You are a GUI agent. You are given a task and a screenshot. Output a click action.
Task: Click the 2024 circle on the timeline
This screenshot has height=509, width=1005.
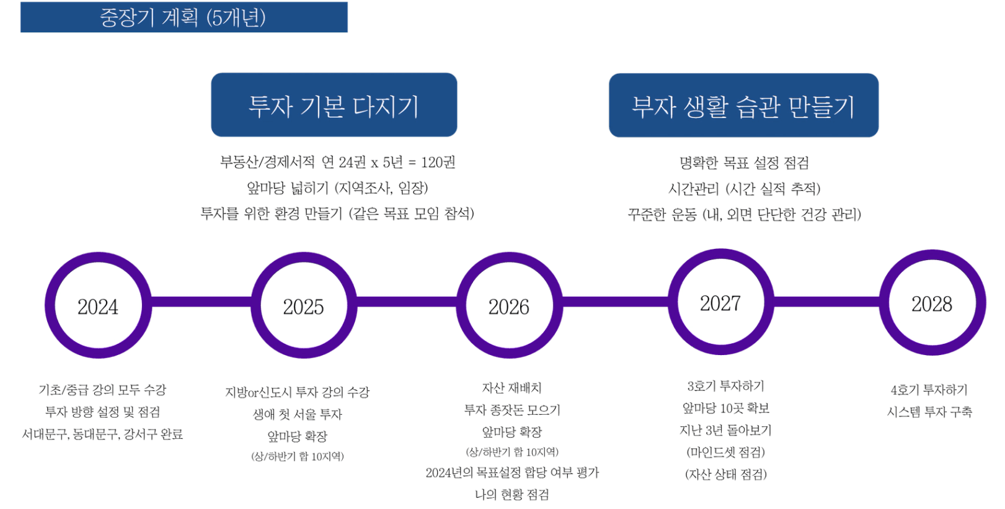click(97, 306)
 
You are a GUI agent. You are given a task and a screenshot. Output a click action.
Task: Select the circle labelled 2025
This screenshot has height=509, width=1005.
click(303, 306)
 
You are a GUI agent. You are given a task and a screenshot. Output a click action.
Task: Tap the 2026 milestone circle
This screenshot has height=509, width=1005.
click(509, 306)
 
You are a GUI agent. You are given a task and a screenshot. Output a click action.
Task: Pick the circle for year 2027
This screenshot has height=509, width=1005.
click(720, 303)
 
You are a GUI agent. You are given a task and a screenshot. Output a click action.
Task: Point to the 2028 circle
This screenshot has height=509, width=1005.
click(932, 304)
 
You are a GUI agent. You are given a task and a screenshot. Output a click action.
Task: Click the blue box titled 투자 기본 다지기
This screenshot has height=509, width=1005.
click(334, 105)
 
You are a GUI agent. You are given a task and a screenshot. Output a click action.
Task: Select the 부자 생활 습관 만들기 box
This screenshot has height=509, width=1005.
click(743, 106)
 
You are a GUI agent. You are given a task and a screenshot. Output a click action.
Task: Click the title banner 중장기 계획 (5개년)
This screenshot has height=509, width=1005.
click(184, 17)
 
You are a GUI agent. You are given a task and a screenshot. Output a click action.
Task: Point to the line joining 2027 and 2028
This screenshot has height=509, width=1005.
click(826, 301)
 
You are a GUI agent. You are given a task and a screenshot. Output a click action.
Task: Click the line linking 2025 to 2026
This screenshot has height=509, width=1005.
click(406, 302)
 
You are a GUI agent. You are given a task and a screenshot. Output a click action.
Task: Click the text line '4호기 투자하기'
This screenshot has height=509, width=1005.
click(929, 390)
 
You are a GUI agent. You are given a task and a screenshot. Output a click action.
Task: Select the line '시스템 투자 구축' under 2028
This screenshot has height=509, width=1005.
click(929, 412)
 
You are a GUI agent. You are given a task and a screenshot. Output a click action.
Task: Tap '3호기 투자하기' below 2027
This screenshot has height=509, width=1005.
click(726, 386)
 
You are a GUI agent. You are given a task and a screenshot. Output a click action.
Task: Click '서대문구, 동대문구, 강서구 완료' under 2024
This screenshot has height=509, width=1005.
click(102, 434)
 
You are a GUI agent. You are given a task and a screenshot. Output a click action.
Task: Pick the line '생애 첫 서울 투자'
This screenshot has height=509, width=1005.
click(297, 413)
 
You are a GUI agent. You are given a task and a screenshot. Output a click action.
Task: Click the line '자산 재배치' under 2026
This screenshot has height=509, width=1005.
click(511, 387)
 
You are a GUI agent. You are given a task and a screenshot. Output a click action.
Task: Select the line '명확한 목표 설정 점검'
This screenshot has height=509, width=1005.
click(744, 163)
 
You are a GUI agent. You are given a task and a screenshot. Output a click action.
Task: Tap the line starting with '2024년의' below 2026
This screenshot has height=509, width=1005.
click(512, 473)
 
